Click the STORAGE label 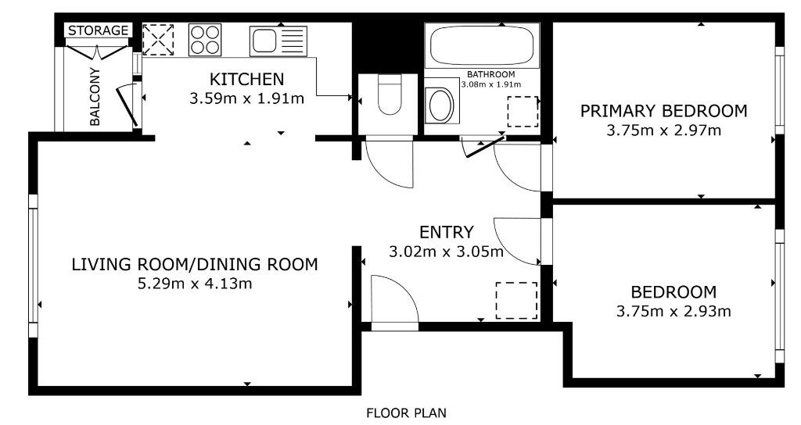pyautogui.click(x=98, y=30)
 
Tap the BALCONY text pyautogui.click(x=95, y=96)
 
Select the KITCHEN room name pyautogui.click(x=246, y=79)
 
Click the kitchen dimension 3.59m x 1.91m pyautogui.click(x=246, y=98)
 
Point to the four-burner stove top pyautogui.click(x=205, y=40)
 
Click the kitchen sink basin pyautogui.click(x=264, y=40)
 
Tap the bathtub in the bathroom pyautogui.click(x=482, y=46)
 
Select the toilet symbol pyautogui.click(x=390, y=95)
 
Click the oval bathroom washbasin pyautogui.click(x=441, y=105)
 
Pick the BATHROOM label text pyautogui.click(x=491, y=74)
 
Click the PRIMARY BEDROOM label pyautogui.click(x=663, y=111)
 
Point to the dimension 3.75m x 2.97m pyautogui.click(x=663, y=130)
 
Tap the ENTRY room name pyautogui.click(x=446, y=232)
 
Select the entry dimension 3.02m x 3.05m pyautogui.click(x=446, y=252)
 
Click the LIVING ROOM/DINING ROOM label pyautogui.click(x=195, y=264)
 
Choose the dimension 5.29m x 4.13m pyautogui.click(x=195, y=283)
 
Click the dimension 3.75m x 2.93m pyautogui.click(x=673, y=311)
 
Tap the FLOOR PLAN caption pyautogui.click(x=406, y=412)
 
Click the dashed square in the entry pyautogui.click(x=516, y=301)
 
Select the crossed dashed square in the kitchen pyautogui.click(x=158, y=40)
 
